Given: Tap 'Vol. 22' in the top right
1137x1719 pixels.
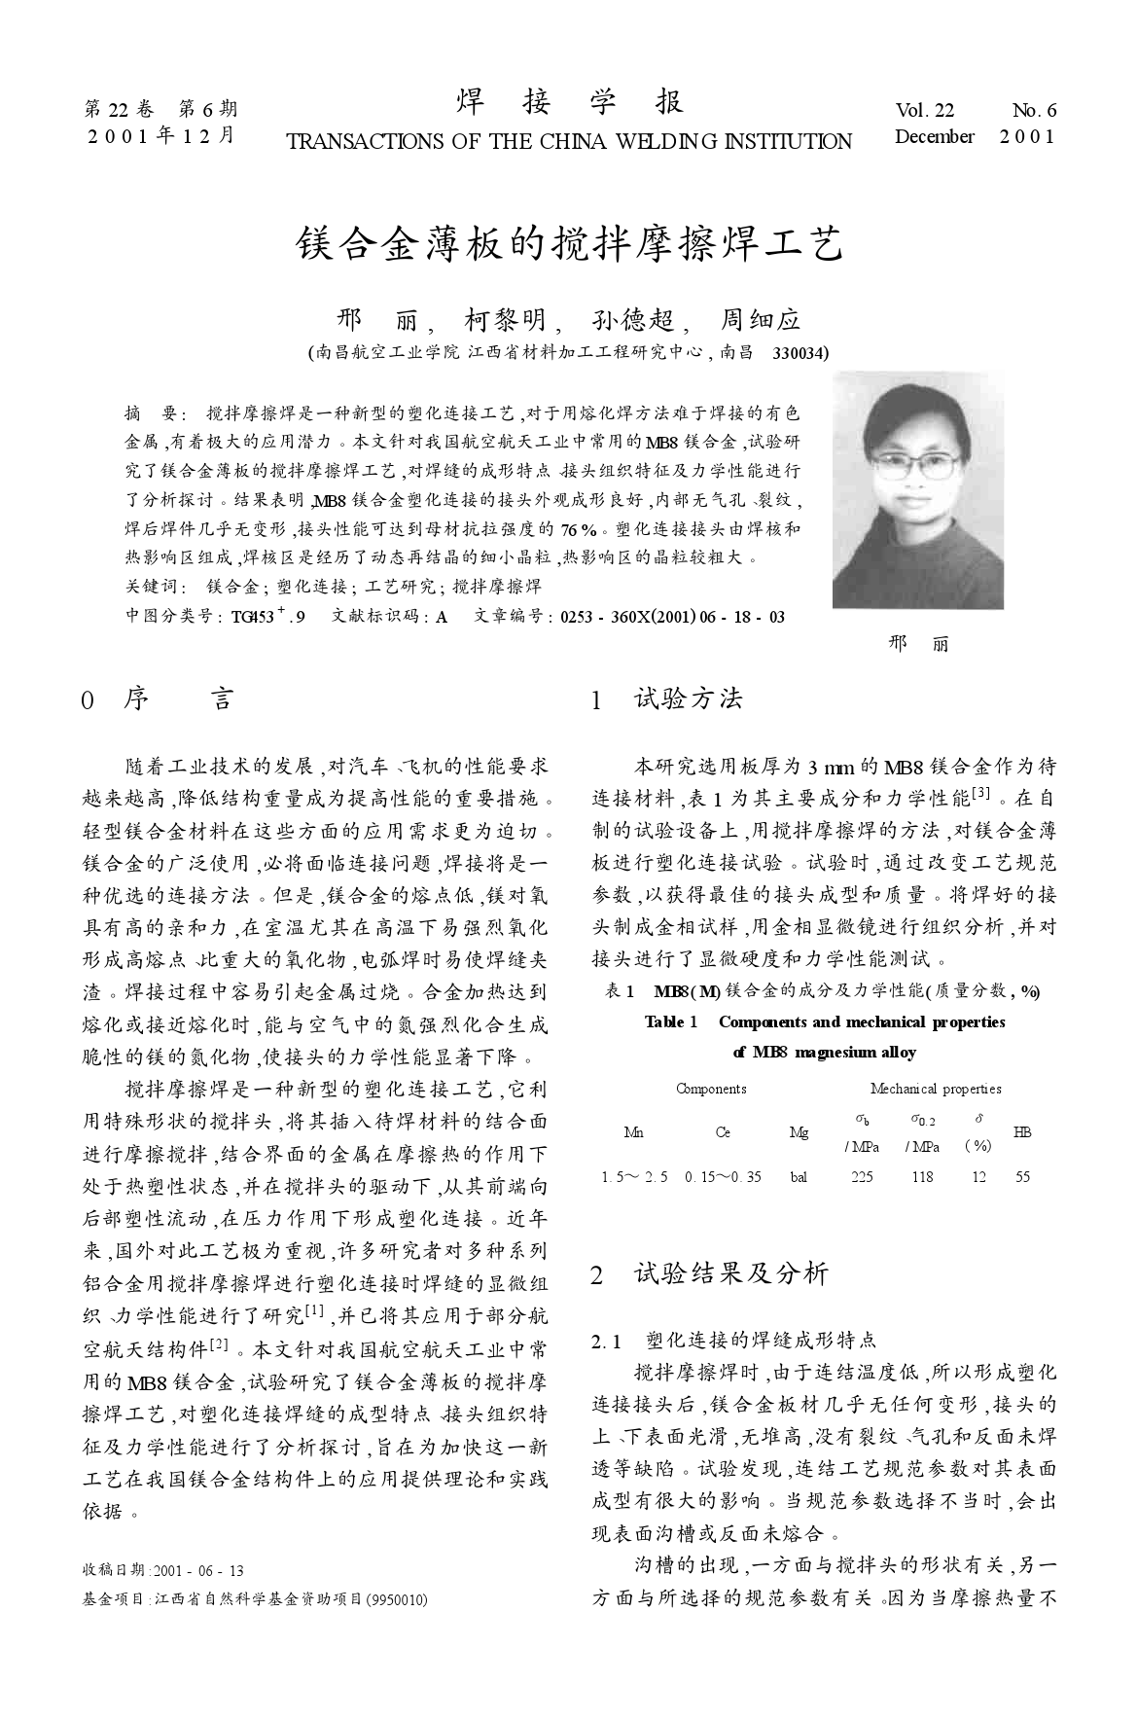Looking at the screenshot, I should [x=925, y=111].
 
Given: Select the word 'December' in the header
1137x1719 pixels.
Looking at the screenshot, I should [x=934, y=137].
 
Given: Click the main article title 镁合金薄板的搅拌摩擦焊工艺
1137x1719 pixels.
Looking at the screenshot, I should [x=569, y=244].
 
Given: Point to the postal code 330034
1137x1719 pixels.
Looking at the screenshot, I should [x=800, y=352].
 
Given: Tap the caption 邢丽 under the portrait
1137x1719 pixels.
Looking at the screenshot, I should [x=918, y=643].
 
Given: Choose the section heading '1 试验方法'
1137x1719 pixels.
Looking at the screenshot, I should [x=667, y=698].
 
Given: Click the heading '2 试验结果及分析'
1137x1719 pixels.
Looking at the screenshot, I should [x=710, y=1273].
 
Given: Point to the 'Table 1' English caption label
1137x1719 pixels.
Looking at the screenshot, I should [x=671, y=1022].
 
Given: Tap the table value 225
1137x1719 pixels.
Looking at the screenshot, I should [x=861, y=1176].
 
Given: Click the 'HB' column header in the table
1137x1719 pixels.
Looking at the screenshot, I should [x=1022, y=1132].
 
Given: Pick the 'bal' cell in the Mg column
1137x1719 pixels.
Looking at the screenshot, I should [x=799, y=1176].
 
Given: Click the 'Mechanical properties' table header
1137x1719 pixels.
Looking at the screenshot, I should [x=935, y=1089].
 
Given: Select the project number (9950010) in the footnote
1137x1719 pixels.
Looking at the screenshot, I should [x=395, y=1599].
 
